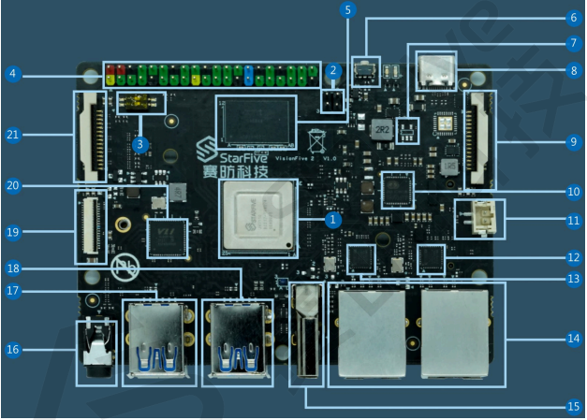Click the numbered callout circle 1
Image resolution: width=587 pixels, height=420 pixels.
coord(330,220)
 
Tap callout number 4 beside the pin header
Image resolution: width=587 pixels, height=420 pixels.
coord(11,73)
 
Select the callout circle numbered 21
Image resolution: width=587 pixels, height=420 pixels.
coord(12,135)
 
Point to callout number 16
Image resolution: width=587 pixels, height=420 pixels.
coord(12,350)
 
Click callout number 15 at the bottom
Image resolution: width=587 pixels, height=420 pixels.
coord(573,405)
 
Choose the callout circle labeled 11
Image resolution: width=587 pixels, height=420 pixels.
coord(573,221)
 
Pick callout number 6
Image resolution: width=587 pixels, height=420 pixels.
coord(573,17)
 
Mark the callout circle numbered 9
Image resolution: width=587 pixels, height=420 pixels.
coord(573,142)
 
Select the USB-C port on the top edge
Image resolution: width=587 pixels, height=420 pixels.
coord(436,70)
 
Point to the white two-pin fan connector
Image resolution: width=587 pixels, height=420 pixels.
coord(478,219)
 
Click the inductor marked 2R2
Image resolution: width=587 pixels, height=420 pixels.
coord(380,129)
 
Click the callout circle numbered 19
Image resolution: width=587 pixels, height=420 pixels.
coord(12,228)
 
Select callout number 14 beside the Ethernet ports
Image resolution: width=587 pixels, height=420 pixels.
coord(573,338)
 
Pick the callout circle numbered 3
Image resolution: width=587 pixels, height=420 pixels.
coord(139,144)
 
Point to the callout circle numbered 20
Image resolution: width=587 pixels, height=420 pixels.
coord(12,185)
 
